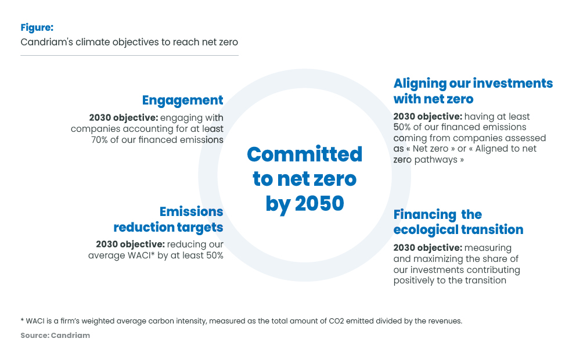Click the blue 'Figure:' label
37,27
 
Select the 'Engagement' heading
182,100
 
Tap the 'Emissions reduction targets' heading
168,219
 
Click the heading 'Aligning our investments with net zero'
473,91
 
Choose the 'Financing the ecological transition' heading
458,222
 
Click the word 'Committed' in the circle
304,154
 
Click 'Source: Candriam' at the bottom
55,335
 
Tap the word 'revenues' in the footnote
443,321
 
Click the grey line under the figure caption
129,55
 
